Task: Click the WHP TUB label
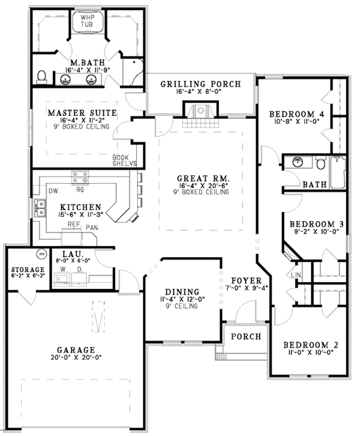[x=88, y=22]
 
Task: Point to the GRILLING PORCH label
[x=200, y=83]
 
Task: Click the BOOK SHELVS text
[x=125, y=160]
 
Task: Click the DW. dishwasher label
[x=52, y=190]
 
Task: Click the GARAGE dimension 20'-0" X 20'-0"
[x=76, y=358]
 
